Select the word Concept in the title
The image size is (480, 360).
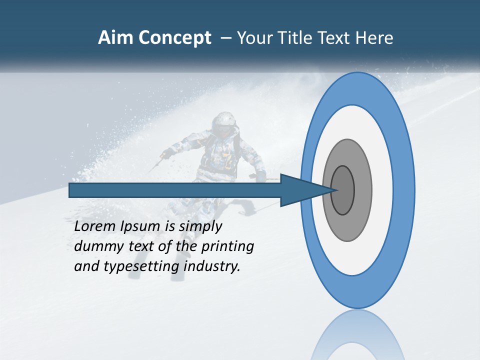click(x=175, y=38)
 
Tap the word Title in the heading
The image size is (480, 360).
click(x=297, y=38)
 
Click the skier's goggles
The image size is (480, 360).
click(x=224, y=129)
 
